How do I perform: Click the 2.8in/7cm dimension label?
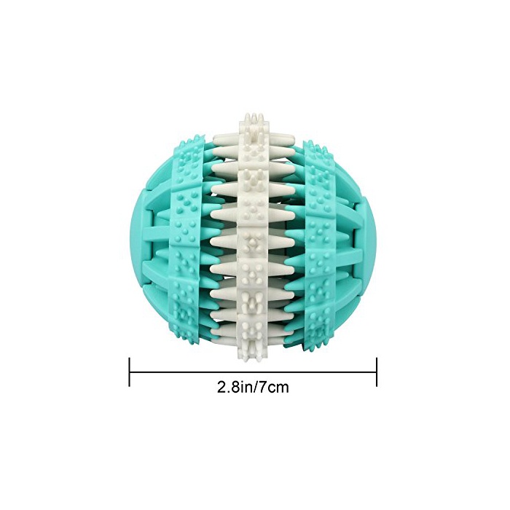[x=253, y=388]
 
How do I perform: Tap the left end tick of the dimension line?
[x=130, y=372]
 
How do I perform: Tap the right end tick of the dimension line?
[x=377, y=372]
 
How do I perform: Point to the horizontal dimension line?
[x=253, y=372]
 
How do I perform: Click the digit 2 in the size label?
[x=221, y=388]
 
